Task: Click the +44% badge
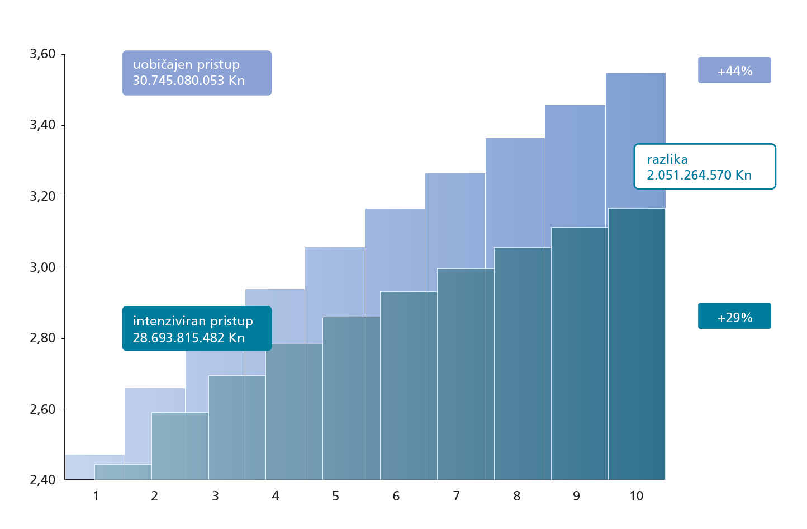tap(734, 70)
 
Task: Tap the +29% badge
tap(734, 317)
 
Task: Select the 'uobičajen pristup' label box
tap(197, 73)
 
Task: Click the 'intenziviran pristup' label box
tap(197, 329)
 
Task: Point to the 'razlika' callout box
tap(704, 167)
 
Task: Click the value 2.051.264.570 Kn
tap(699, 175)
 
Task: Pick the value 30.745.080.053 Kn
tap(189, 81)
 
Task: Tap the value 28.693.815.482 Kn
tap(189, 338)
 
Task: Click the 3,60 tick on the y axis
tap(42, 54)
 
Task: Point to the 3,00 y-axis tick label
tap(42, 267)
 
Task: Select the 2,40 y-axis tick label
tap(42, 480)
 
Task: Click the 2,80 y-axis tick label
tap(42, 338)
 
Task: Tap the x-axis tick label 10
tap(636, 496)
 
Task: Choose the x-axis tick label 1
tap(96, 496)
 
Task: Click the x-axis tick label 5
tap(335, 496)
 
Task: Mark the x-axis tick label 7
tap(456, 496)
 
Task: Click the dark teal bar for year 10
tap(637, 344)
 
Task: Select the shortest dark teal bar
tap(123, 473)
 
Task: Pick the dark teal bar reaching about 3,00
tap(466, 375)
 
